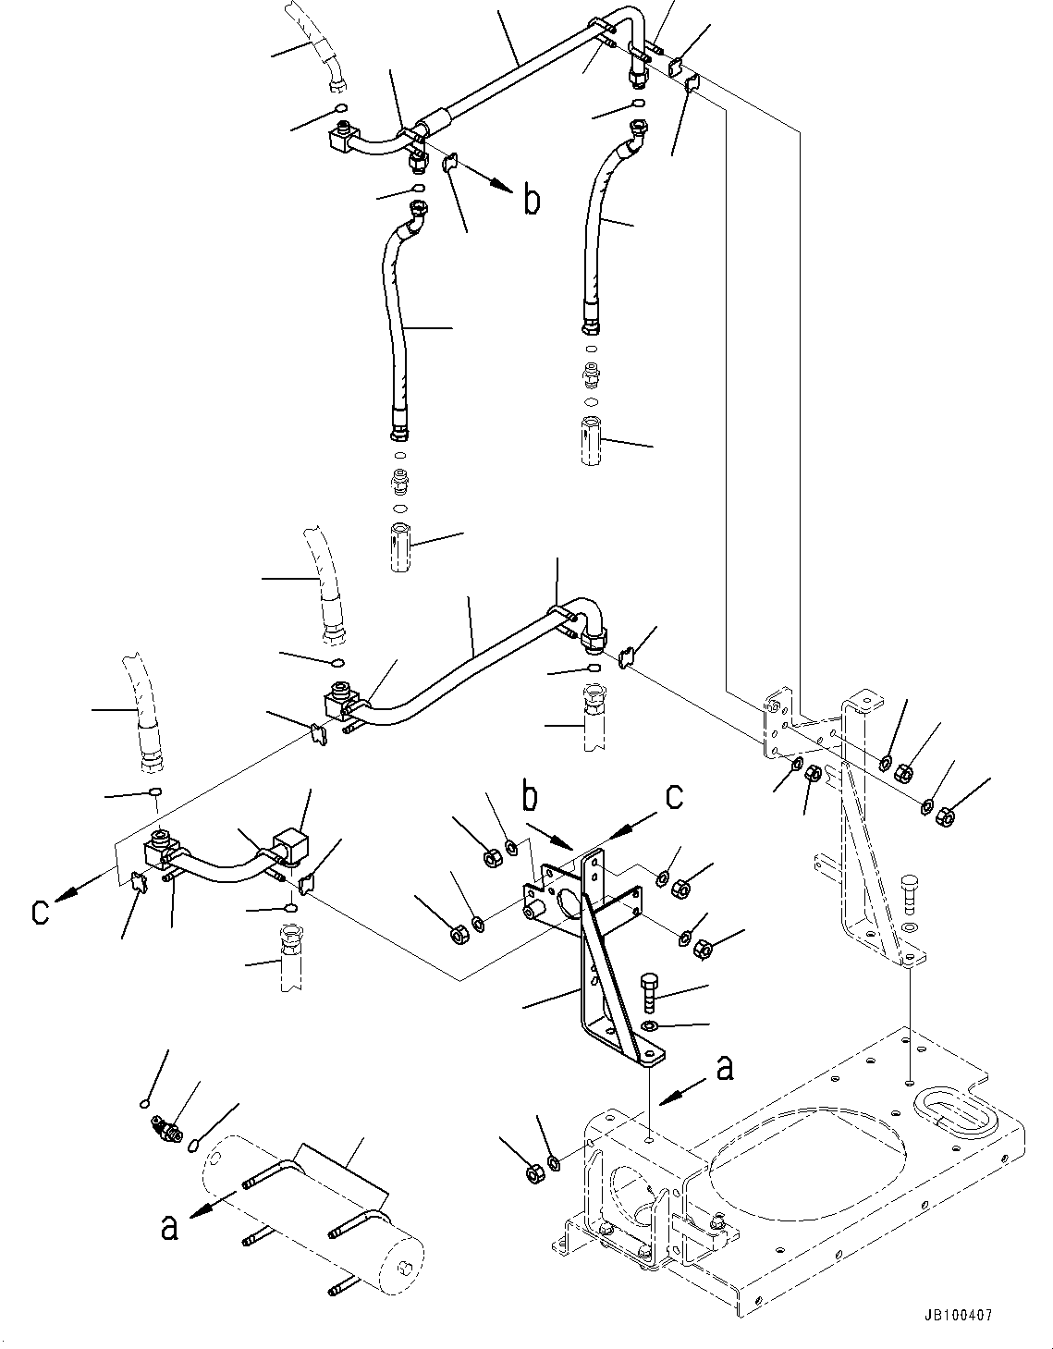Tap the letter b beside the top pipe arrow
click(532, 199)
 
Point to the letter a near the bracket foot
click(725, 1068)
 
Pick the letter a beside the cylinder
click(168, 1227)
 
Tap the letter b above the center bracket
click(530, 798)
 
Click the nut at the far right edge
click(946, 816)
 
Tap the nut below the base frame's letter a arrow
click(534, 1175)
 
